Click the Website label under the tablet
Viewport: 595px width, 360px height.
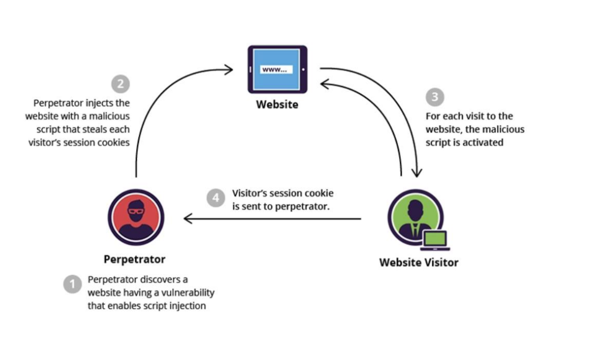[277, 104]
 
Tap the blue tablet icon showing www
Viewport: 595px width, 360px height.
[277, 69]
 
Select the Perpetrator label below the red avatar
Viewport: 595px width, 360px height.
[134, 259]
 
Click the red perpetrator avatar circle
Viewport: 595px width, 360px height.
[136, 217]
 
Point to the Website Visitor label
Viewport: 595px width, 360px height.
[418, 262]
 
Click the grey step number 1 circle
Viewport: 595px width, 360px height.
[72, 285]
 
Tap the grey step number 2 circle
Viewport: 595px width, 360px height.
[120, 84]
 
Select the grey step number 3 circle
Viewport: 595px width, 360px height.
[435, 96]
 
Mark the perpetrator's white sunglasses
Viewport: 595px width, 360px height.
[136, 212]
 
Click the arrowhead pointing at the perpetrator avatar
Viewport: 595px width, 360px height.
[187, 218]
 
